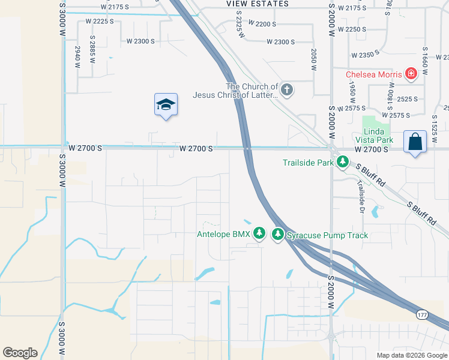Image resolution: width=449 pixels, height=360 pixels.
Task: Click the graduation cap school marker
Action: point(166,105)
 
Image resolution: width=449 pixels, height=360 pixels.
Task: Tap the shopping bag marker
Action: point(415,142)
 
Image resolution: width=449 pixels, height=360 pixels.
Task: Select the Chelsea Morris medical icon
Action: point(411,74)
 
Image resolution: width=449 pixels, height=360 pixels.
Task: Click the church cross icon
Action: point(287,91)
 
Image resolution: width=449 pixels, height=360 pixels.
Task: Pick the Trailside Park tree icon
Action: point(343,162)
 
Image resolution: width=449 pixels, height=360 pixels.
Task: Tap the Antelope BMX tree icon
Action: point(259,233)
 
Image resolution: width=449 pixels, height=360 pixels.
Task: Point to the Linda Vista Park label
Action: point(378,136)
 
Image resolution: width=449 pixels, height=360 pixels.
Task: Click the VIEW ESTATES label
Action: point(258,4)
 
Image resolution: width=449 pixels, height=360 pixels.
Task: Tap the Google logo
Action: point(20,353)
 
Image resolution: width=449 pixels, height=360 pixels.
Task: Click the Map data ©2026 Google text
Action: point(411,355)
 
